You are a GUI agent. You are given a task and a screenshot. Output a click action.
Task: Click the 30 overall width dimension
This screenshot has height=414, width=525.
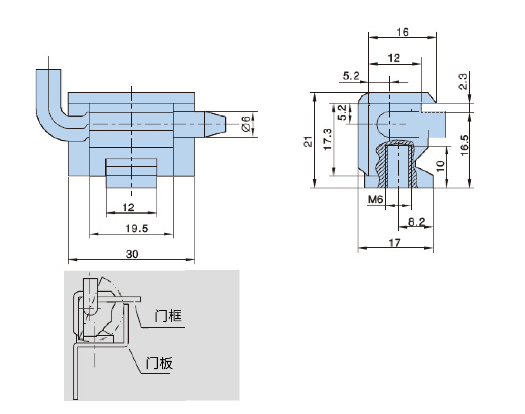[132, 254]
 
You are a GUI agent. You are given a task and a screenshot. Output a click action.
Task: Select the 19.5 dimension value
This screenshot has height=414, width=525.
[136, 228]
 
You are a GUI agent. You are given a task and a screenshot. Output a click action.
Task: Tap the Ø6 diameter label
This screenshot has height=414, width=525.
[246, 124]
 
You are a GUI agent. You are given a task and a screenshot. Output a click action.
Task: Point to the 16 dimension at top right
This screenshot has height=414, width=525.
[402, 32]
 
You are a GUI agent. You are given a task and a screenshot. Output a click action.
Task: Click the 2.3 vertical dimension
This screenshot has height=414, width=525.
[463, 81]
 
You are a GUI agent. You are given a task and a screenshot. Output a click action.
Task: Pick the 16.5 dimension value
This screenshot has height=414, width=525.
[464, 145]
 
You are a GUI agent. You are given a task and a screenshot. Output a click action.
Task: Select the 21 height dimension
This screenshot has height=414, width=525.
[308, 141]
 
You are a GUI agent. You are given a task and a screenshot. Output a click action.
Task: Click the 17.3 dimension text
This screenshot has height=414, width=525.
[327, 140]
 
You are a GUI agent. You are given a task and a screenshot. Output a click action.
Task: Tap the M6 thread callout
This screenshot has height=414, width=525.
[375, 199]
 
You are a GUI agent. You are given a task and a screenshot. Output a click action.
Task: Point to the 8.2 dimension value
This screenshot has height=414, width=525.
[417, 222]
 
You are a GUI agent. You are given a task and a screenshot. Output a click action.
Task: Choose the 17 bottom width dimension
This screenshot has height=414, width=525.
[394, 243]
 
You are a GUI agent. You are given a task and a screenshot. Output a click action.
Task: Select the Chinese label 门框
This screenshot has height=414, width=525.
[168, 316]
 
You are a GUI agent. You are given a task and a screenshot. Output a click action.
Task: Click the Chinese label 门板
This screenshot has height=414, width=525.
[159, 364]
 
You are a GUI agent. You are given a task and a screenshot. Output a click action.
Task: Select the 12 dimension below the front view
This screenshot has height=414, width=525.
[128, 207]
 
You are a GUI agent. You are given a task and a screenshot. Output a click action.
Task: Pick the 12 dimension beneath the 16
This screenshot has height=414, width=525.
[393, 58]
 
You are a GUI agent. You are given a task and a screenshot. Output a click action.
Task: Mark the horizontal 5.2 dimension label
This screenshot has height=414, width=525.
[351, 76]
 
